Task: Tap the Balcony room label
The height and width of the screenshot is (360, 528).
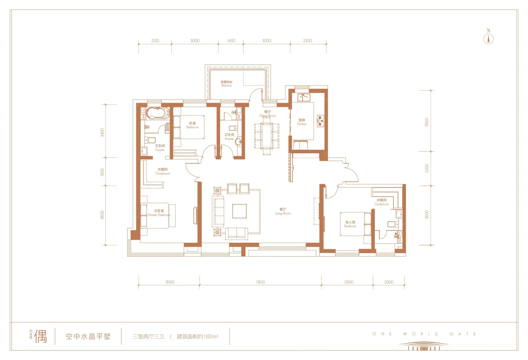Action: pyautogui.click(x=227, y=83)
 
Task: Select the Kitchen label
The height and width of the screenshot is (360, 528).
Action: pyautogui.click(x=302, y=122)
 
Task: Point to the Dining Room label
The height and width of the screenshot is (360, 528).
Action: pyautogui.click(x=267, y=114)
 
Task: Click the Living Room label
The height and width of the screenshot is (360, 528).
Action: pyautogui.click(x=283, y=211)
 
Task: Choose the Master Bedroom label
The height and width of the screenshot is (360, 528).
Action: pyautogui.click(x=159, y=213)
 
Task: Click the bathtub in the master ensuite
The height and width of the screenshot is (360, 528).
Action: pyautogui.click(x=158, y=113)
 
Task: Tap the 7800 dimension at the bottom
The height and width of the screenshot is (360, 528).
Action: pyautogui.click(x=260, y=282)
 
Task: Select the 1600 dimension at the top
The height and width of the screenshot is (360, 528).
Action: pyautogui.click(x=231, y=41)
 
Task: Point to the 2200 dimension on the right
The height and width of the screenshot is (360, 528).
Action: pyautogui.click(x=427, y=168)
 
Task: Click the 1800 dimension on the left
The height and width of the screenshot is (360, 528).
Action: pyautogui.click(x=102, y=172)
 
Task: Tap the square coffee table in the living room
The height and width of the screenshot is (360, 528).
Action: pyautogui.click(x=239, y=211)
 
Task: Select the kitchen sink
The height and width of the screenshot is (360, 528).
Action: pyautogui.click(x=304, y=98)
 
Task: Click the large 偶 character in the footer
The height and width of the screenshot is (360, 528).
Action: pyautogui.click(x=40, y=336)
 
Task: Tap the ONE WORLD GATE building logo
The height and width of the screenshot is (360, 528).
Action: pyautogui.click(x=424, y=346)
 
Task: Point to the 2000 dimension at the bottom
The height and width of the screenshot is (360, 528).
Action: pyautogui.click(x=389, y=282)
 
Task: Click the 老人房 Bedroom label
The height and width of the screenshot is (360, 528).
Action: pyautogui.click(x=350, y=224)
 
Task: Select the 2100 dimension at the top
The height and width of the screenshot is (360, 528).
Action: pyautogui.click(x=155, y=41)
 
